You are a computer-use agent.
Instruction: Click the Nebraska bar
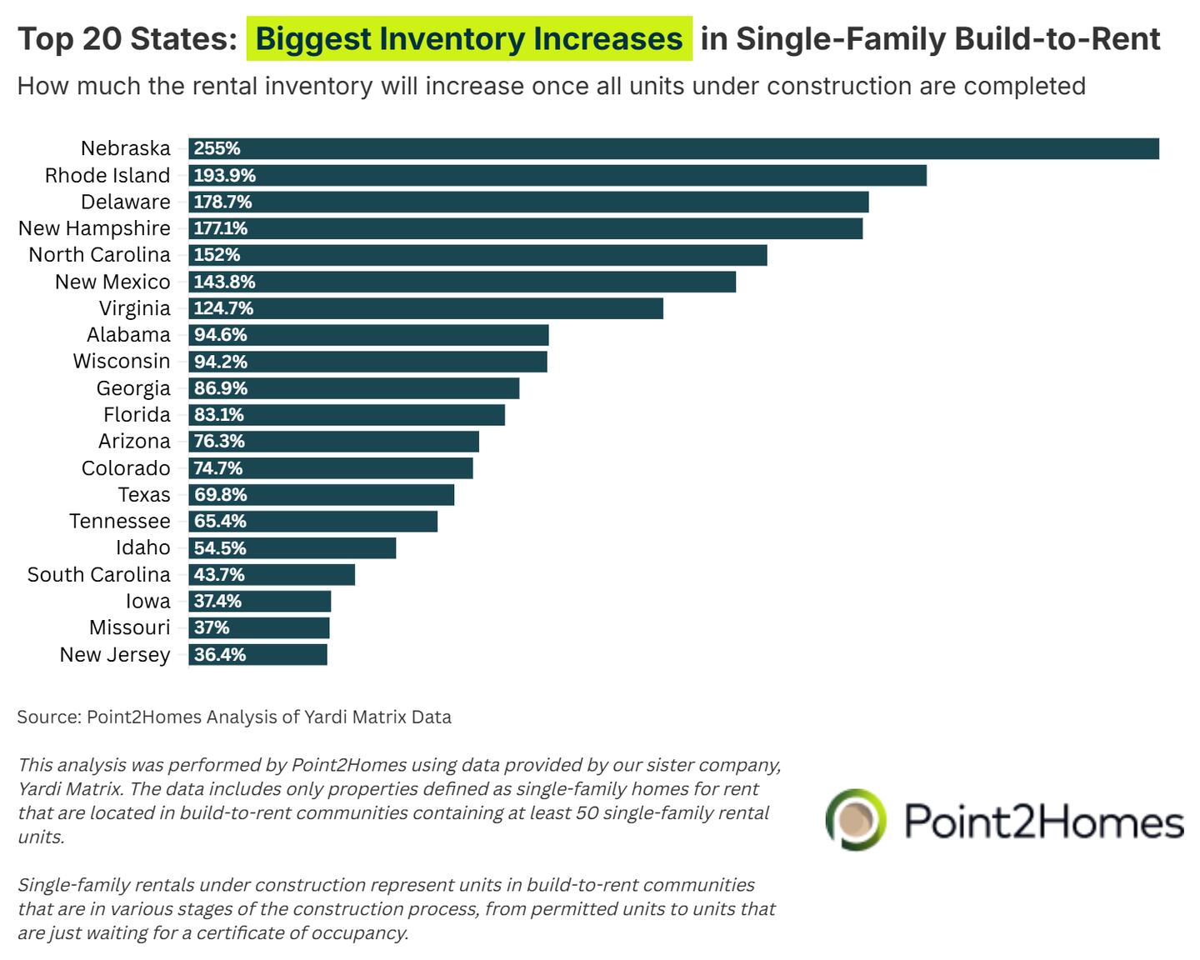(673, 148)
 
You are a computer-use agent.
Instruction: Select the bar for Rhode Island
(557, 175)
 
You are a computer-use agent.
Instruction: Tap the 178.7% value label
(222, 202)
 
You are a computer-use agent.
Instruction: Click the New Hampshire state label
(94, 228)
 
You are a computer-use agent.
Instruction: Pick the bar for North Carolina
(477, 255)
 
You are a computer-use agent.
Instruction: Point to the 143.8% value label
(224, 282)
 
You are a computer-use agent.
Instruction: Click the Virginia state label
(134, 308)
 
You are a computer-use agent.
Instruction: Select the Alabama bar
(368, 335)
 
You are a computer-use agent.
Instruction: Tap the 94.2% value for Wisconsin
(220, 362)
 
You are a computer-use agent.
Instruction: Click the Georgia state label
(133, 388)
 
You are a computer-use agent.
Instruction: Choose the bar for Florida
(347, 415)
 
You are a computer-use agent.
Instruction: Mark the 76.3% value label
(219, 442)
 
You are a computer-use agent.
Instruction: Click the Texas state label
(144, 495)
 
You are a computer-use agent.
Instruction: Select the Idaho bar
(292, 548)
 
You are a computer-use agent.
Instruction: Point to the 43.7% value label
(219, 575)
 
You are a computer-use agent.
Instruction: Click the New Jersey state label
(115, 655)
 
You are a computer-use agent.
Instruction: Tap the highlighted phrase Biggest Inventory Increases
(468, 39)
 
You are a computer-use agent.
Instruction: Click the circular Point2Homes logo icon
(856, 819)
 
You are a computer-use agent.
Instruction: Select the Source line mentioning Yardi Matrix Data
(234, 717)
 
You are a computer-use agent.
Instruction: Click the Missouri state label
(129, 627)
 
